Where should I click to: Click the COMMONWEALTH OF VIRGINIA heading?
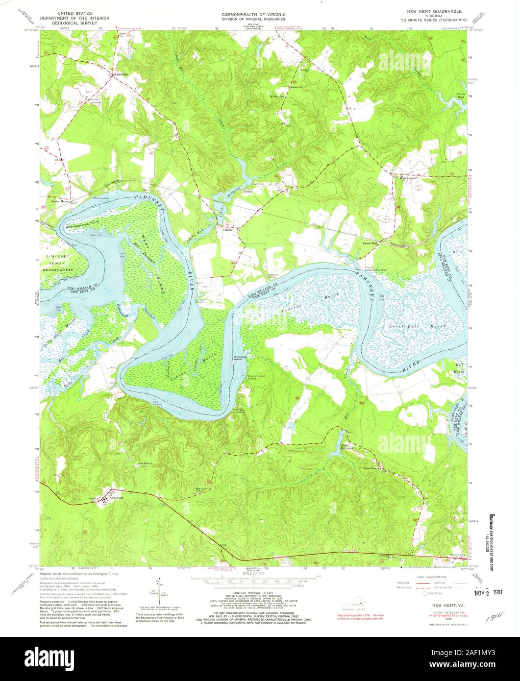(x=253, y=15)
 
